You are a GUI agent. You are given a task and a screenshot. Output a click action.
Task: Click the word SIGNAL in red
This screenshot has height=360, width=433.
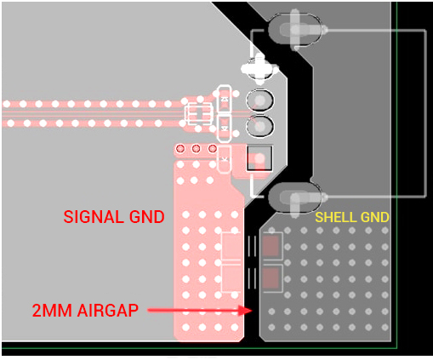(x=94, y=217)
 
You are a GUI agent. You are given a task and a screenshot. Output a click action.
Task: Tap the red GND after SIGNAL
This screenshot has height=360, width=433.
(x=147, y=217)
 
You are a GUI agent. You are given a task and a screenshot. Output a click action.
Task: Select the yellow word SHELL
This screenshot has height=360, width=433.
(x=332, y=217)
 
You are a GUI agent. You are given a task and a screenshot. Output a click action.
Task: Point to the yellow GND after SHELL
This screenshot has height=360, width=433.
(x=371, y=217)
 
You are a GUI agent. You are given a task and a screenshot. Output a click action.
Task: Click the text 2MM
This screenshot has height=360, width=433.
(x=52, y=310)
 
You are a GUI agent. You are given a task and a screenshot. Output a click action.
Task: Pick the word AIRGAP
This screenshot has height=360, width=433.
(x=108, y=310)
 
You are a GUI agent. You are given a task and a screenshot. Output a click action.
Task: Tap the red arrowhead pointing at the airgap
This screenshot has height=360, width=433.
(x=246, y=310)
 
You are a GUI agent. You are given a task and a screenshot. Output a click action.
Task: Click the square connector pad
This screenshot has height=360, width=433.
(x=259, y=158)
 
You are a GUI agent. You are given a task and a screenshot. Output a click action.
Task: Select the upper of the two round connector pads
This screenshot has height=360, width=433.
(x=259, y=100)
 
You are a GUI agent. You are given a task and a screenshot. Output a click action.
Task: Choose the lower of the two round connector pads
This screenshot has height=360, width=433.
(x=259, y=126)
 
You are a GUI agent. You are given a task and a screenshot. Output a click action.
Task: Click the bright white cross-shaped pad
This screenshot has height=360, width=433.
(x=259, y=69)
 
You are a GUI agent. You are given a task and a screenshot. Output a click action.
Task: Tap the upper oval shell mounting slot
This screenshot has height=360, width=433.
(x=295, y=30)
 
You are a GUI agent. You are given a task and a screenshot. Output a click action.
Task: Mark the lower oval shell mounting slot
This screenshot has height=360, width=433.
(x=295, y=197)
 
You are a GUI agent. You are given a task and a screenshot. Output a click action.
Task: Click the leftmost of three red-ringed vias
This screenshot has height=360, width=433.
(x=180, y=148)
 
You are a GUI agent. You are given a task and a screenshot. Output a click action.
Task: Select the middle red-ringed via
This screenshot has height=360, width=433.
(x=197, y=148)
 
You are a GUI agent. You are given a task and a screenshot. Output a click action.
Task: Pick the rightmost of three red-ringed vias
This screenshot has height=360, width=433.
(x=213, y=148)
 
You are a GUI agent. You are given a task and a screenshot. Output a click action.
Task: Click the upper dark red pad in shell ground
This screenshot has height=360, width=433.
(x=271, y=246)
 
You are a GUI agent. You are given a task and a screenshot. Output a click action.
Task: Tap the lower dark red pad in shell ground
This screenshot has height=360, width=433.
(x=271, y=278)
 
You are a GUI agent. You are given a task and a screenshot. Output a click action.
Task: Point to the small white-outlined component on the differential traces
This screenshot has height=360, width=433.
(x=198, y=114)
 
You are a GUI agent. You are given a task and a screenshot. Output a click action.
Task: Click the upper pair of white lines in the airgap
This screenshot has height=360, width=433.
(x=252, y=246)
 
